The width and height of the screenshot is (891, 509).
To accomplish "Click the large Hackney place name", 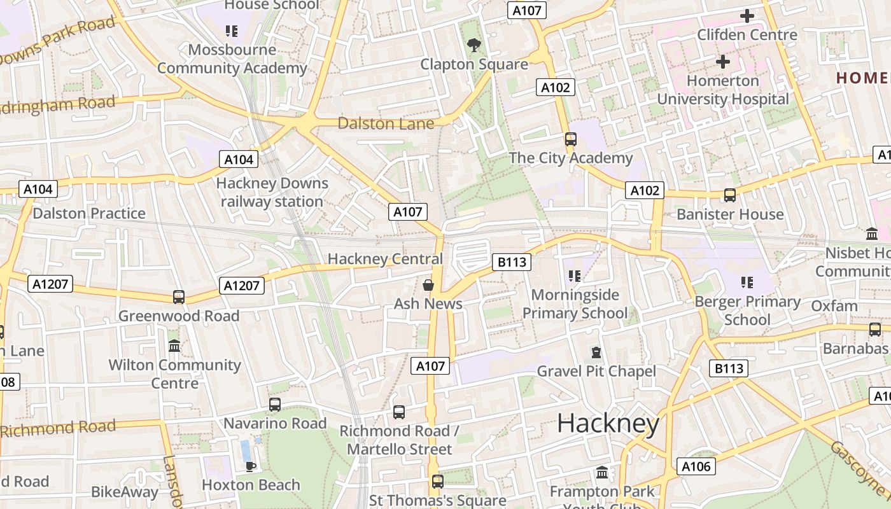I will click(x=608, y=424).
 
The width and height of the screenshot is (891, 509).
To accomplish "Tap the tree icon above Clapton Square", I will click(x=474, y=45).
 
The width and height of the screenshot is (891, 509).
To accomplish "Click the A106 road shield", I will click(x=696, y=466).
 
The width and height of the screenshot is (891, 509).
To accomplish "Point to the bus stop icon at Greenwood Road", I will click(x=179, y=296).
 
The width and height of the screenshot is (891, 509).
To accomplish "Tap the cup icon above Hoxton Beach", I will click(x=251, y=466).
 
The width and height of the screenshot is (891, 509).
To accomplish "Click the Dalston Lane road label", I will click(x=386, y=123).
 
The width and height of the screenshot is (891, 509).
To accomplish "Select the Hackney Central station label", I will click(x=384, y=259).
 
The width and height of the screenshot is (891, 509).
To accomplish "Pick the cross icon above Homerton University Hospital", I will click(x=722, y=62).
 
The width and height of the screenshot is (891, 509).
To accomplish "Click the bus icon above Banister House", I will click(x=729, y=195).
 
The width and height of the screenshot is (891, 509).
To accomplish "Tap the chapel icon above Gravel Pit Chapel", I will click(x=596, y=352).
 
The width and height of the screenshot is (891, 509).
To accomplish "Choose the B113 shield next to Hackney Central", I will click(x=512, y=261).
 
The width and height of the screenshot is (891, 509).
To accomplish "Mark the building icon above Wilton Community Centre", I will click(x=174, y=345).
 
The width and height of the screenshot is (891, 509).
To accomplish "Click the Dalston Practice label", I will click(x=89, y=213).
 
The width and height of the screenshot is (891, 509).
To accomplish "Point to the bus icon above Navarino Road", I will click(x=275, y=404).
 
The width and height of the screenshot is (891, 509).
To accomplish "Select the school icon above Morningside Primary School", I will click(x=575, y=275).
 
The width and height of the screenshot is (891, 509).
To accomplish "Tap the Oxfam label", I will click(x=834, y=305).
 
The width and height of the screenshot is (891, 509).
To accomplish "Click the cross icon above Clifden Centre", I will click(x=747, y=16).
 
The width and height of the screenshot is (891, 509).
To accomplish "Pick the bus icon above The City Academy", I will click(x=570, y=139).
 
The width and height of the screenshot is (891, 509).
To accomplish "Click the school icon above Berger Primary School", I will click(x=747, y=282).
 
